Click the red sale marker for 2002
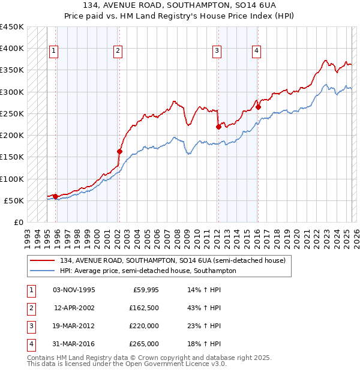point(119,152)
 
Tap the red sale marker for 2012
point(218,127)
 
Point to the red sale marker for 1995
point(55,196)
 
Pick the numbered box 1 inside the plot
point(53,51)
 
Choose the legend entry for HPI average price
point(148,271)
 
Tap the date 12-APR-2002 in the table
point(74,308)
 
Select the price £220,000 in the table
point(144,326)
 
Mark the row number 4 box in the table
point(31,344)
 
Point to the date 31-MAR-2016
point(74,344)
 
